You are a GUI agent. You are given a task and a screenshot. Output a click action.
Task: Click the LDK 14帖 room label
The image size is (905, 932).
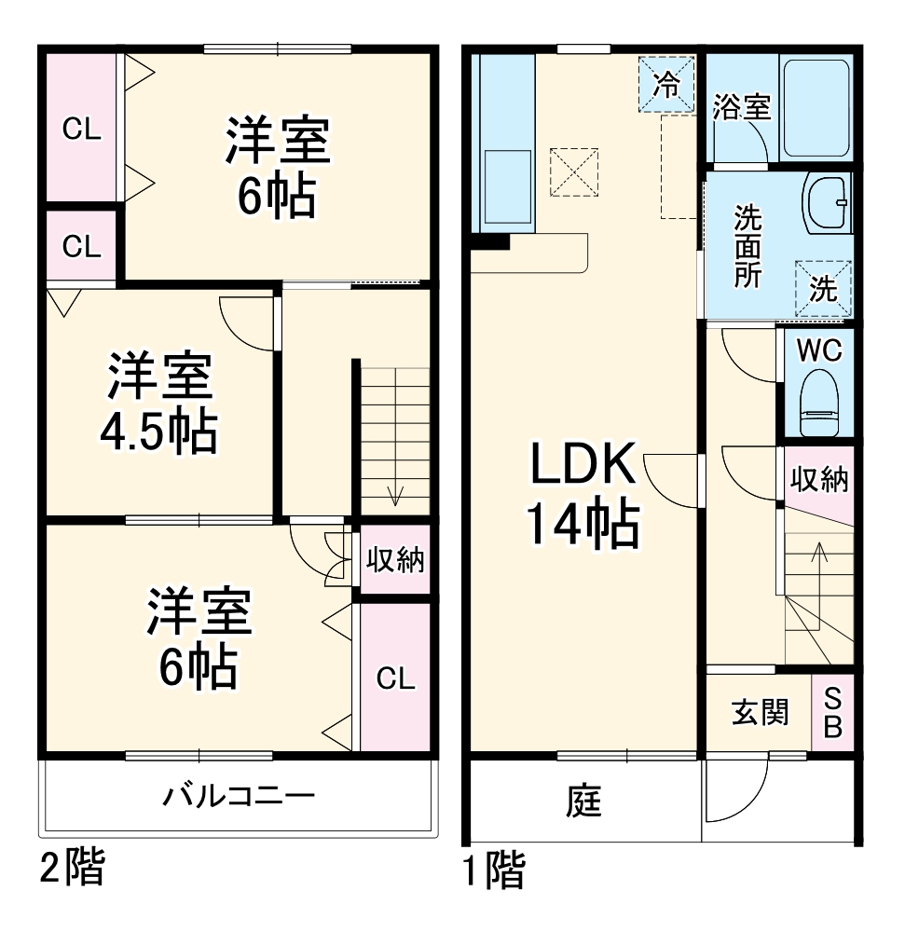click(583, 494)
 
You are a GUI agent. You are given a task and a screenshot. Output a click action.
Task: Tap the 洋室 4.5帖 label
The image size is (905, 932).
click(159, 403)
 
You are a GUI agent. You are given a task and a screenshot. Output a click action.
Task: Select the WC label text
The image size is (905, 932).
click(820, 350)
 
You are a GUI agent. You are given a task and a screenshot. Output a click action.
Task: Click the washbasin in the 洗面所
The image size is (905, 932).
click(827, 202)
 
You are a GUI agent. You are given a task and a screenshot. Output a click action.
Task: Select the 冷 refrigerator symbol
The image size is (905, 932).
click(666, 85)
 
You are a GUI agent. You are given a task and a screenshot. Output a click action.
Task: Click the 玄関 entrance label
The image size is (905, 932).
click(759, 712)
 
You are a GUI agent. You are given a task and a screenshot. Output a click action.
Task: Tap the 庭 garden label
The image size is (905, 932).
click(584, 801)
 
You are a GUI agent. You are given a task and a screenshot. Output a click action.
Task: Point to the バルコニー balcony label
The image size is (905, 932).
click(240, 797)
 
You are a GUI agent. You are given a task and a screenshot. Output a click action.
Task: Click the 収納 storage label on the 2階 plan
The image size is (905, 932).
click(394, 560)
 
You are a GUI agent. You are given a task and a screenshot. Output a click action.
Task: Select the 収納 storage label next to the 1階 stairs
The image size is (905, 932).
click(819, 479)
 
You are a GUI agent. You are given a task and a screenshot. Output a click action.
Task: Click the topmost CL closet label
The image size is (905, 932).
click(81, 130)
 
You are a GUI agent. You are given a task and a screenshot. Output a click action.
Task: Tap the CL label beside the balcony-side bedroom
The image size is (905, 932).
click(395, 679)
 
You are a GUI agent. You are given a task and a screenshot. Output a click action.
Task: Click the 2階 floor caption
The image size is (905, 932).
click(72, 869)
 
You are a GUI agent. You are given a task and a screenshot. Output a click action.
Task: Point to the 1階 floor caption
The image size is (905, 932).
click(494, 870)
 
